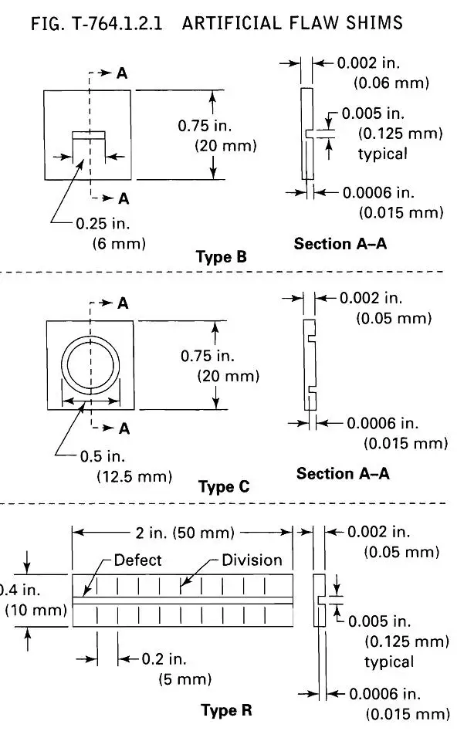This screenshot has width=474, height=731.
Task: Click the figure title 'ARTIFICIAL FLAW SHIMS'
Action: point(293,23)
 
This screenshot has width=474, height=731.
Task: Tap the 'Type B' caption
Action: point(222,257)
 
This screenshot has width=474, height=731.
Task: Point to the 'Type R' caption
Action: point(226,710)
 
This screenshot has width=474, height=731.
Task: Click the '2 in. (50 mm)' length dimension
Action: point(181,532)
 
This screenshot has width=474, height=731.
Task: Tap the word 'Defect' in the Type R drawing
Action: point(137,560)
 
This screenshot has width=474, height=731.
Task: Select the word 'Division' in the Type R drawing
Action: point(252,560)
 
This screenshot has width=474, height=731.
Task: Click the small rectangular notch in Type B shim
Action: point(88,134)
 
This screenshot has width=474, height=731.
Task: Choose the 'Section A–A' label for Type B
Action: point(340,244)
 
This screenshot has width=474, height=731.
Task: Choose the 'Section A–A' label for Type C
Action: point(343,473)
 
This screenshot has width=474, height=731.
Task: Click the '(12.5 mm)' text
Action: point(134,476)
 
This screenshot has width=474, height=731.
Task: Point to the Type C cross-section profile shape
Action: point(309,364)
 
